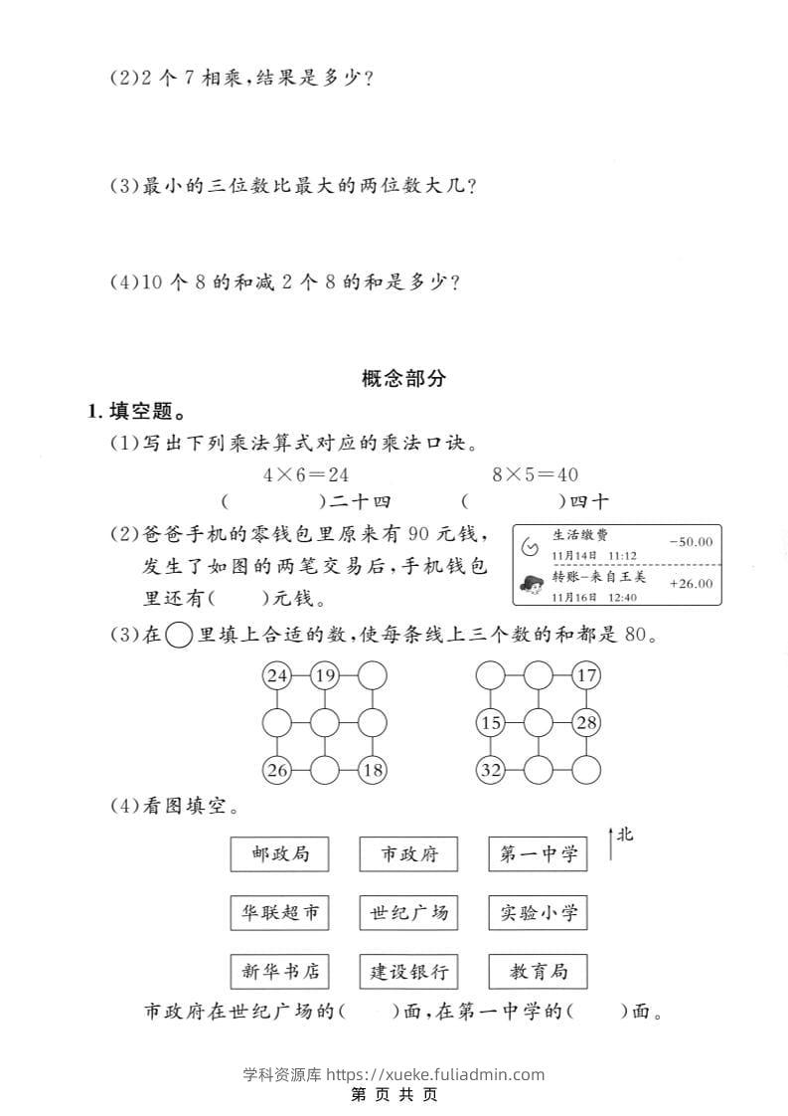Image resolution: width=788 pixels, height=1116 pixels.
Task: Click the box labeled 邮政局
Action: pyautogui.click(x=279, y=853)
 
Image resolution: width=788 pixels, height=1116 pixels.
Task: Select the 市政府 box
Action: pyautogui.click(x=408, y=853)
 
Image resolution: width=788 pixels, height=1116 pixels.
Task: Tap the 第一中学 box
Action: pyautogui.click(x=538, y=853)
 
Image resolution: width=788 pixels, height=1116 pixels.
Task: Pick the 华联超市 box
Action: pyautogui.click(x=279, y=912)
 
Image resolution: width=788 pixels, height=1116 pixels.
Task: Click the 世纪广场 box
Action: pyautogui.click(x=408, y=912)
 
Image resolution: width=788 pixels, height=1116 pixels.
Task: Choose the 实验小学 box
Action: pyautogui.click(x=538, y=912)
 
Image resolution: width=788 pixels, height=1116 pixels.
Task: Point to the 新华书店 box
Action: pyautogui.click(x=279, y=971)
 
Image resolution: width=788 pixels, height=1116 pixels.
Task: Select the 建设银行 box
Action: pyautogui.click(x=408, y=971)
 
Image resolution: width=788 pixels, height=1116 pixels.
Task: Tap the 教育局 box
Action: pyautogui.click(x=538, y=971)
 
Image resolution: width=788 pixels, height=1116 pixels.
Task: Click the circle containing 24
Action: pyautogui.click(x=277, y=677)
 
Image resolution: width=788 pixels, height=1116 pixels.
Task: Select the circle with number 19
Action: pyautogui.click(x=325, y=677)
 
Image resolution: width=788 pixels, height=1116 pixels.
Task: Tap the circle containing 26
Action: pyautogui.click(x=277, y=769)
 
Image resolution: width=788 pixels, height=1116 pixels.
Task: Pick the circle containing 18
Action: pyautogui.click(x=373, y=769)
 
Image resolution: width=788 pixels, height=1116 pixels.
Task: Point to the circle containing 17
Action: pyautogui.click(x=587, y=677)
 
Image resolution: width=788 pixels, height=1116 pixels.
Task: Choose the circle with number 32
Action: pyautogui.click(x=491, y=769)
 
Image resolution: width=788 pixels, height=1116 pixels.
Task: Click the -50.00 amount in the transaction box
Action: pyautogui.click(x=691, y=542)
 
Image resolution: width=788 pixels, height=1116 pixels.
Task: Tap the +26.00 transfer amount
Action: pyautogui.click(x=691, y=584)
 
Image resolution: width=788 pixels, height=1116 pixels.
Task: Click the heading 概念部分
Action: pyautogui.click(x=404, y=378)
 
